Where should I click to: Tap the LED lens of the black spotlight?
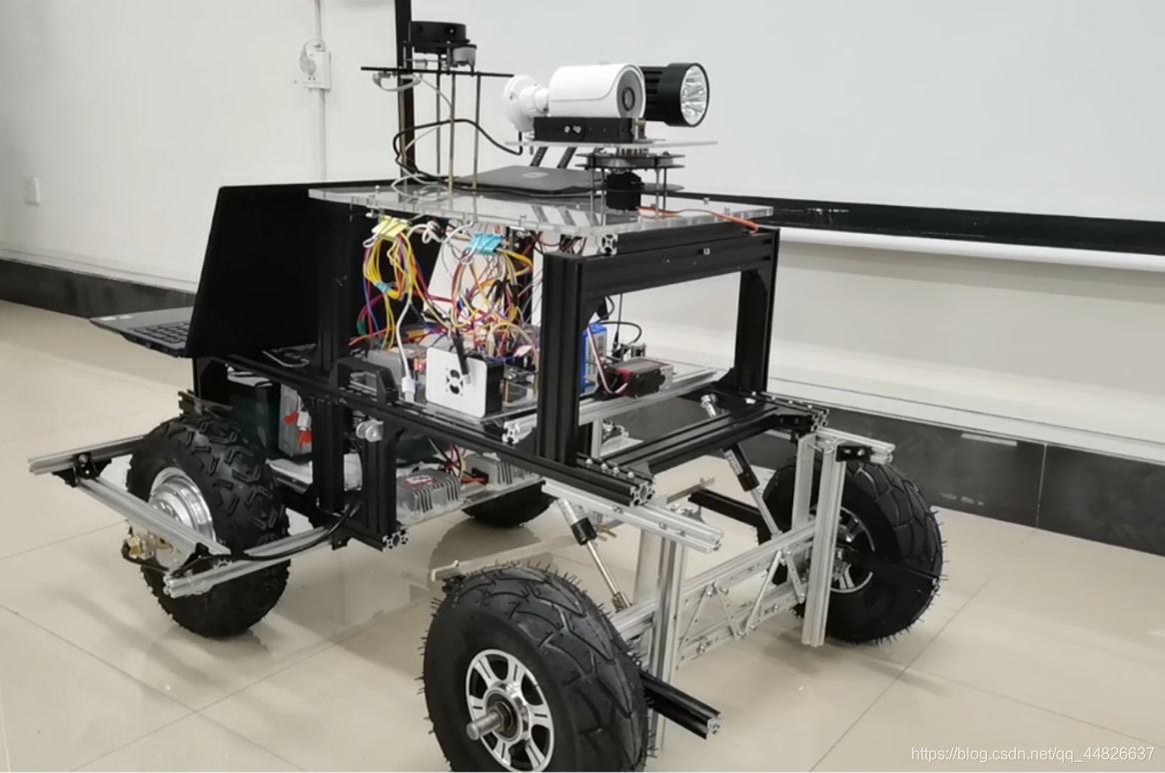point(691,93)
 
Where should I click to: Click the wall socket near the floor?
point(33,191)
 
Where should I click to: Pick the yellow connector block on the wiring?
point(387,228)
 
